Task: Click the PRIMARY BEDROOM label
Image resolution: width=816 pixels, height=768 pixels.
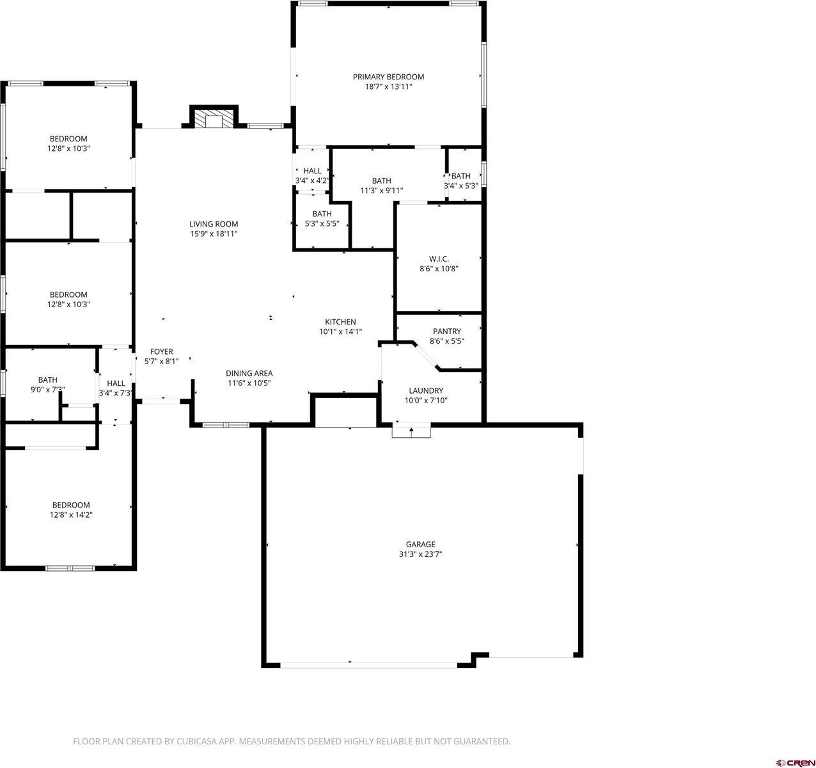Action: [388, 77]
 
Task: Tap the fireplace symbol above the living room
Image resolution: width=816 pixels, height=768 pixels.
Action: [214, 120]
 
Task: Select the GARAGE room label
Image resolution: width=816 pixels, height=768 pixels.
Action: [420, 545]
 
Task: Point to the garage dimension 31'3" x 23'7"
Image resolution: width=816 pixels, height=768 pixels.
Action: [420, 554]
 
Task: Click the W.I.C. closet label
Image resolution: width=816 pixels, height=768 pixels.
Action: [439, 259]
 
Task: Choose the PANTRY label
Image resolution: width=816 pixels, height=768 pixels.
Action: [446, 332]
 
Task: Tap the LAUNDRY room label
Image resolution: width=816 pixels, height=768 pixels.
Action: [426, 390]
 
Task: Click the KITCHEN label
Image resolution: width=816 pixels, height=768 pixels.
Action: [340, 322]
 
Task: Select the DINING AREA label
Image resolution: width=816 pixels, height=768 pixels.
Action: [249, 373]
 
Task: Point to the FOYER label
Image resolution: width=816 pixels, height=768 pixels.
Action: [161, 351]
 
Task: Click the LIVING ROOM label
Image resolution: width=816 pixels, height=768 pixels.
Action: [214, 224]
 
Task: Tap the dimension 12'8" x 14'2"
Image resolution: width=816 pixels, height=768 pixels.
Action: [70, 515]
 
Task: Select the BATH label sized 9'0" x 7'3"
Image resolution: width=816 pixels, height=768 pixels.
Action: [47, 380]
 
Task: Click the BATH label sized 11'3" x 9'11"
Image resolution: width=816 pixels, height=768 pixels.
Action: [381, 180]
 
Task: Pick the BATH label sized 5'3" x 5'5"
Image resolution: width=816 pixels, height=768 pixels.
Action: [322, 214]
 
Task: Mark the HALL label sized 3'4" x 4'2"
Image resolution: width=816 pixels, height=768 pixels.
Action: [312, 171]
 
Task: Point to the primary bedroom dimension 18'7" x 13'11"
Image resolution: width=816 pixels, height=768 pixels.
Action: [388, 86]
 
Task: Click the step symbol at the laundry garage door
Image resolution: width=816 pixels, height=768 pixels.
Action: [411, 431]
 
